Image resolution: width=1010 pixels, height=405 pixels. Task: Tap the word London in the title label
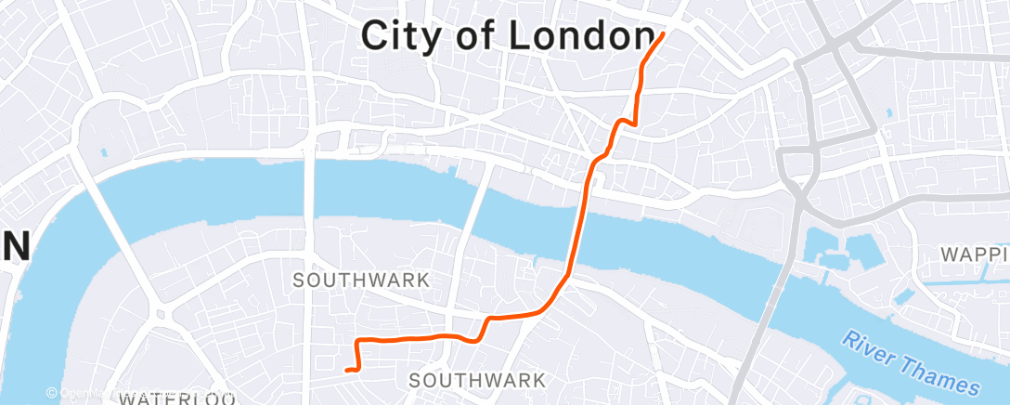point(580,36)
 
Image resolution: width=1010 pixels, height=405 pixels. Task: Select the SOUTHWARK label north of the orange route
point(361,279)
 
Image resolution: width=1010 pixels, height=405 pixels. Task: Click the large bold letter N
point(16,247)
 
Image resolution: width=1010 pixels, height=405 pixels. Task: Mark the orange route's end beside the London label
point(663,34)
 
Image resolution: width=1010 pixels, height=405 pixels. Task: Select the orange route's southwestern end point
point(347,371)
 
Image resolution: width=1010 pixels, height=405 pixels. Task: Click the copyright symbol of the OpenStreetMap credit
point(52,394)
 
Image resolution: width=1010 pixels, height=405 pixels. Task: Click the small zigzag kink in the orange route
point(627,120)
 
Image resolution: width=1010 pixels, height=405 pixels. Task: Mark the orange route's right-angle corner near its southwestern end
point(358,342)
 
